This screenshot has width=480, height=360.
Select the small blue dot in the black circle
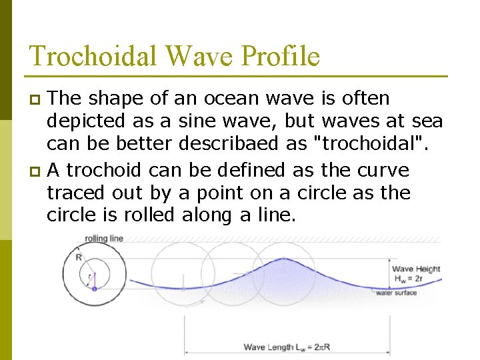click(94, 289)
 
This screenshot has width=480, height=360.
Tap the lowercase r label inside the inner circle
click(91, 275)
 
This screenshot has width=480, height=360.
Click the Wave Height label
click(415, 269)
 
